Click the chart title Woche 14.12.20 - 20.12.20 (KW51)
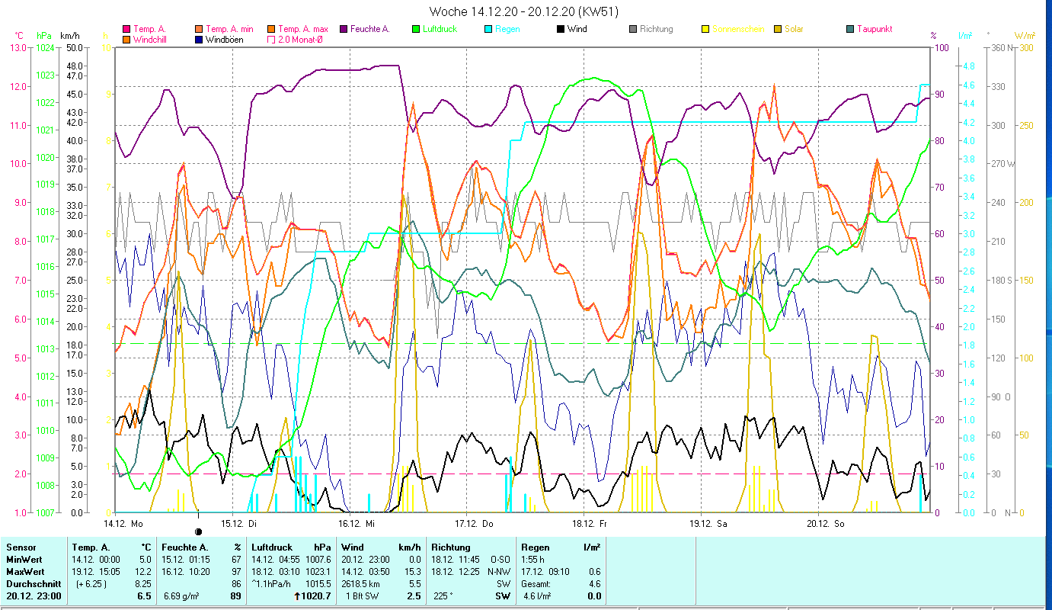pyautogui.click(x=523, y=11)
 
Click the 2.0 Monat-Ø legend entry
pyautogui.click(x=299, y=39)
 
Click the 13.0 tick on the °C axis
pyautogui.click(x=17, y=47)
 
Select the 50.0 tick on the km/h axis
pyautogui.click(x=75, y=47)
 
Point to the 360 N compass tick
pyautogui.click(x=1005, y=47)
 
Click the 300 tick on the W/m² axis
pyautogui.click(x=1026, y=47)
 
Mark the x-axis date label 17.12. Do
pyautogui.click(x=474, y=524)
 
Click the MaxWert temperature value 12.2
pyautogui.click(x=143, y=571)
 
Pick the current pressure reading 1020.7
pyautogui.click(x=316, y=596)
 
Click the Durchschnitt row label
pyautogui.click(x=30, y=583)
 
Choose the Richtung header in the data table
pyautogui.click(x=451, y=547)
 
